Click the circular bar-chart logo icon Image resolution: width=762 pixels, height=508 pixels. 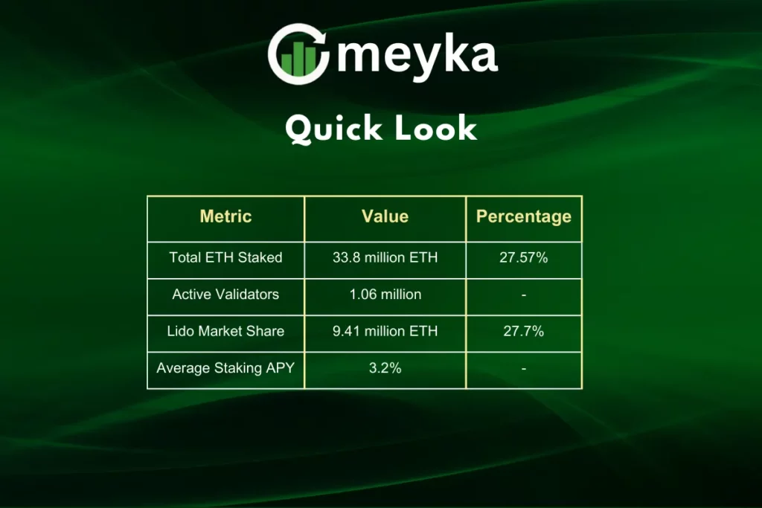tap(299, 54)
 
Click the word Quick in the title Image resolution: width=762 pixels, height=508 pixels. tap(334, 129)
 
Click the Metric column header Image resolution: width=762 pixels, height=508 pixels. tap(225, 217)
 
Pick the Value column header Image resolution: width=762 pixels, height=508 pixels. tap(385, 217)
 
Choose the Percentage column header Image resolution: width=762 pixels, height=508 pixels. tap(524, 217)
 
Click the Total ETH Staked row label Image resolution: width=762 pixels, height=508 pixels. tap(225, 258)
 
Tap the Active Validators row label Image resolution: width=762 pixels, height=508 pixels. tap(225, 295)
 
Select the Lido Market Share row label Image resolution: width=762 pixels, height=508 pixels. tap(225, 331)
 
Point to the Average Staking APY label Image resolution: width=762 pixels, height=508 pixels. tap(225, 368)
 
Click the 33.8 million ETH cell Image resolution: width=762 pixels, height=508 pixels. tap(385, 258)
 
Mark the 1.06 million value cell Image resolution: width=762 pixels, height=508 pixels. tap(385, 295)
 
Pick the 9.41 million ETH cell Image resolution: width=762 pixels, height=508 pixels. tap(385, 331)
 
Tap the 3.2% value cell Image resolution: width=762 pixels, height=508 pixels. tap(385, 368)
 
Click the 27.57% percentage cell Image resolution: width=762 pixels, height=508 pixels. tap(524, 258)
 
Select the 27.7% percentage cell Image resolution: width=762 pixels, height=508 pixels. tap(524, 331)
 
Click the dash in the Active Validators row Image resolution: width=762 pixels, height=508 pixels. tap(524, 295)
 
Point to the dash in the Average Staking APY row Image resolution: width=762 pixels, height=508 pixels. tap(524, 369)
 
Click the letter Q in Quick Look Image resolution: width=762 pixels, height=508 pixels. tap(298, 129)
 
